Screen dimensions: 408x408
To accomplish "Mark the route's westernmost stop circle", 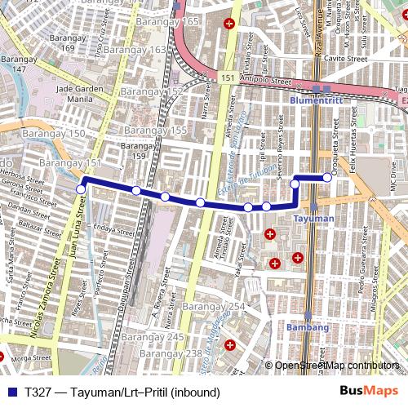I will tap(80, 189).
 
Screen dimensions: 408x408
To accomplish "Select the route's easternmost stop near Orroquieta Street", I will tap(328, 177).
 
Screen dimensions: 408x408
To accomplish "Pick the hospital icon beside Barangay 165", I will tap(231, 23).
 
